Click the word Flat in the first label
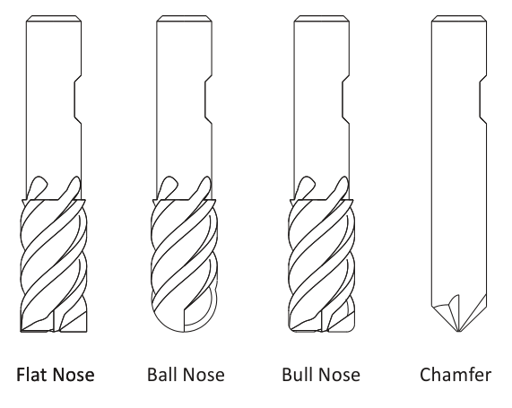click(x=32, y=374)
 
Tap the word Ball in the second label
click(x=161, y=374)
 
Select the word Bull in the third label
click(x=295, y=374)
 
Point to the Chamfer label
click(x=456, y=374)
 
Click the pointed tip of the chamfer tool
click(x=459, y=332)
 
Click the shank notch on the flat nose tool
click(x=78, y=100)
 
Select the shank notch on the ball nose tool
click(x=208, y=100)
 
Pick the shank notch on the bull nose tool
click(x=346, y=100)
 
